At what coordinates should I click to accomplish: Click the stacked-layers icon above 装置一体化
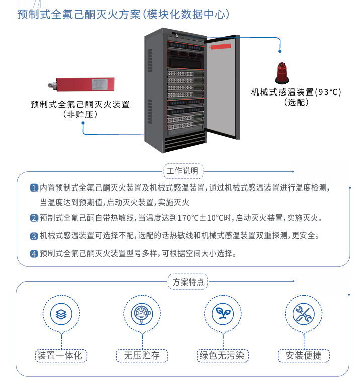61,314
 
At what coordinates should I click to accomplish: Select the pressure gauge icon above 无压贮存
142,314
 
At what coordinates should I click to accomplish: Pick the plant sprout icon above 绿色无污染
222,314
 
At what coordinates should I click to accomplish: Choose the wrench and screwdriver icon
303,314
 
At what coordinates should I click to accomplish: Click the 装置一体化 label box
61,355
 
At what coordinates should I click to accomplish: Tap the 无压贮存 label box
142,355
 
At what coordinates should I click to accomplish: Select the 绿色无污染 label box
222,355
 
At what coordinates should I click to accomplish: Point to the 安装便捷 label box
303,355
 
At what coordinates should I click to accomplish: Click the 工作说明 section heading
184,171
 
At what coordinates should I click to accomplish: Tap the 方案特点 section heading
187,282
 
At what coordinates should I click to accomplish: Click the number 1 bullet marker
34,188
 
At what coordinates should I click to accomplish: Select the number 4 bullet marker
34,253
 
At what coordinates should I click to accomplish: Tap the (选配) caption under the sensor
296,102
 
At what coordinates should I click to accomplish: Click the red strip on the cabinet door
221,47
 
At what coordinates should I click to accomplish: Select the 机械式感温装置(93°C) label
296,92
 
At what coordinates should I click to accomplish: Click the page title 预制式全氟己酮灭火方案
79,14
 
